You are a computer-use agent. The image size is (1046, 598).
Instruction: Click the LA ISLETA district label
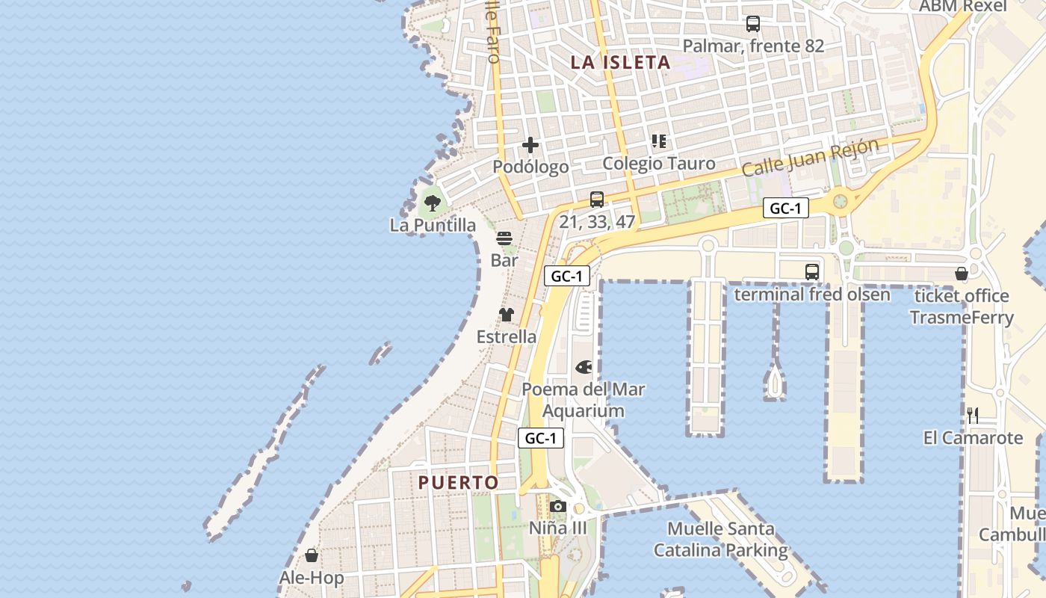tap(620, 63)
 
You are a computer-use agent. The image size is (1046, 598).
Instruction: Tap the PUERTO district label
tap(458, 483)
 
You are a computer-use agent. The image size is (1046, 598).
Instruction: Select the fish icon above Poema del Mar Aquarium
tap(584, 367)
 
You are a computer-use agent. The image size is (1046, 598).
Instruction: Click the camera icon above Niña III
tap(557, 506)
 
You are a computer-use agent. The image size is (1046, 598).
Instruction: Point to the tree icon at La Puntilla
tap(432, 202)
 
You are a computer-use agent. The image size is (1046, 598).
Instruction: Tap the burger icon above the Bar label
tap(504, 238)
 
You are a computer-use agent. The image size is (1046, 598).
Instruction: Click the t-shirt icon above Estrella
tap(507, 315)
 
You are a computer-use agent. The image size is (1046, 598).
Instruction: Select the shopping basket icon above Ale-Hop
tap(312, 555)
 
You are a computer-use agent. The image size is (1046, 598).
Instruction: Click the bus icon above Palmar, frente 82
tap(752, 24)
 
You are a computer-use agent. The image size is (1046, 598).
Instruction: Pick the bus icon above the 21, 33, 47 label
tap(596, 199)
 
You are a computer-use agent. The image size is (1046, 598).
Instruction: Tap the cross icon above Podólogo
tap(530, 144)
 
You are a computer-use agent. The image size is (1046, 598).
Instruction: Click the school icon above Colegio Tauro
tap(658, 141)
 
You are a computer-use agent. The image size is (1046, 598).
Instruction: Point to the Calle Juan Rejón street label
tap(810, 158)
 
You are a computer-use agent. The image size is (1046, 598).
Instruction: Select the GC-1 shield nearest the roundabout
tap(785, 209)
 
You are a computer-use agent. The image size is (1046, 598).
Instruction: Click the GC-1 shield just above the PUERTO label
tap(540, 438)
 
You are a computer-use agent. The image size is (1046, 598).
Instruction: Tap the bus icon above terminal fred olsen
tap(812, 272)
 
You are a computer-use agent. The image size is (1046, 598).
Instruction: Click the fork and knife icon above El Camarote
tap(973, 416)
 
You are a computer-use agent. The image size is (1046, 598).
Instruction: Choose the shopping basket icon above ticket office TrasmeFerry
tap(962, 274)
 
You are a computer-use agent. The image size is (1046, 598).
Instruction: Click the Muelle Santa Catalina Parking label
tap(721, 540)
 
